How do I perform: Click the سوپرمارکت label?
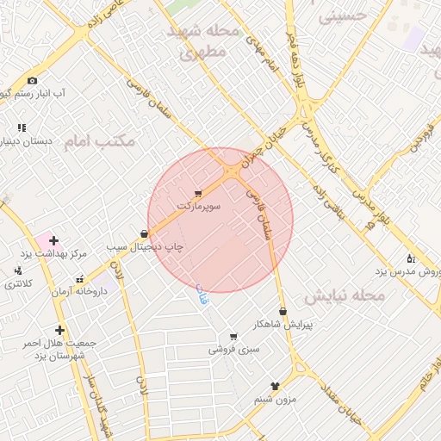(x=199, y=207)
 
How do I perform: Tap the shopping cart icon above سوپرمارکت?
(x=199, y=193)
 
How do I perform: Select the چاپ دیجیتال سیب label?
(x=146, y=246)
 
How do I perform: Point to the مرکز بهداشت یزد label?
(x=54, y=254)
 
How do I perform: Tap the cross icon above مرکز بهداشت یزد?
(x=53, y=239)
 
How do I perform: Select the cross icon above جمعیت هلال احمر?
(x=59, y=330)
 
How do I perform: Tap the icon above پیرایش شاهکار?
(x=283, y=311)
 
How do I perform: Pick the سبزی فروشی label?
(x=233, y=350)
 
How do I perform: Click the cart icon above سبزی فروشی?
(x=233, y=336)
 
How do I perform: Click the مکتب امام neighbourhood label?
(x=99, y=140)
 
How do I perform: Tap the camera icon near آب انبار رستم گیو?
(x=33, y=80)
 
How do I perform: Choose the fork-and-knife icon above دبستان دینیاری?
(x=21, y=127)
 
